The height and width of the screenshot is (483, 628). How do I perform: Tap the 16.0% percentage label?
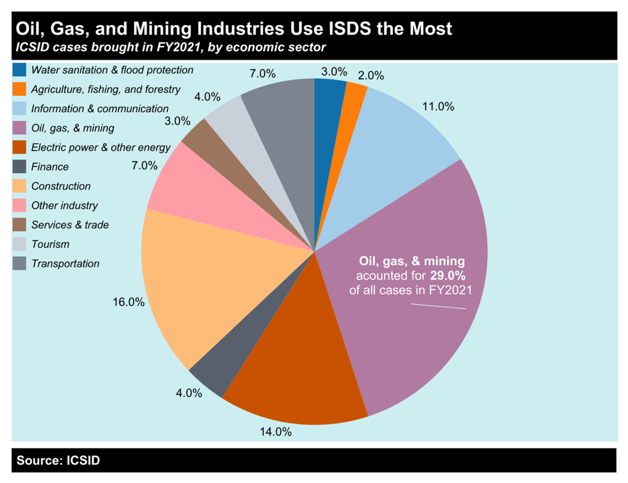click(128, 301)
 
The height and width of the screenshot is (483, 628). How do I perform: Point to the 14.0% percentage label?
click(275, 432)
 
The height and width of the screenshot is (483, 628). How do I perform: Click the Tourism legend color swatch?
click(19, 244)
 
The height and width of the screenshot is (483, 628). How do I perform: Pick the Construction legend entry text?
click(61, 186)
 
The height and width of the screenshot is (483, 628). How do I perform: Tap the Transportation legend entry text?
click(65, 264)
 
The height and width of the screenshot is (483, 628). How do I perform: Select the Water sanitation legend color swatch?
click(19, 69)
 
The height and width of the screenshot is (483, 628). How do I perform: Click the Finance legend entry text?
click(50, 167)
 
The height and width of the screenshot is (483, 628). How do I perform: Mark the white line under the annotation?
click(438, 306)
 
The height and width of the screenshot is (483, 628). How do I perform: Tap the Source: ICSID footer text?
click(58, 461)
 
